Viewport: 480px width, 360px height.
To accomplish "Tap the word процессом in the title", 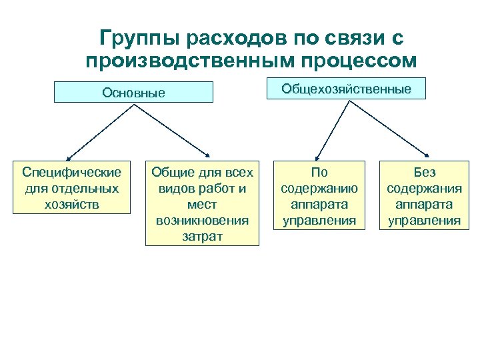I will tap(354, 61).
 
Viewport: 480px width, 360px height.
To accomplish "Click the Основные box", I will tap(133, 92).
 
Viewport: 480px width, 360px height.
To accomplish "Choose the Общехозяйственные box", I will tap(346, 89).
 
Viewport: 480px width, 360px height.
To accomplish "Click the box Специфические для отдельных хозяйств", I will tap(72, 187).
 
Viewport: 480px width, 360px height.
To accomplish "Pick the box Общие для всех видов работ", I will tap(202, 203).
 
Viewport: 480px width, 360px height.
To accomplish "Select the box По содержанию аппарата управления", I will tap(319, 195).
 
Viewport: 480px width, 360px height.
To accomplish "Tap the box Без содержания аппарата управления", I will tap(424, 195).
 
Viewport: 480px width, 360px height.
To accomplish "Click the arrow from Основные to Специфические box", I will tap(100, 130).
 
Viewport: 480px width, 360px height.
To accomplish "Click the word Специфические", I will tap(72, 173).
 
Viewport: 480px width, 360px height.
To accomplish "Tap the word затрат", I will tap(202, 236).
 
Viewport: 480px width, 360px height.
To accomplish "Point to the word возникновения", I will tap(202, 220).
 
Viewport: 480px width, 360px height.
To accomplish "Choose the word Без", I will tap(424, 173).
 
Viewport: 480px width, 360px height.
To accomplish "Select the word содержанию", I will tap(319, 188).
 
